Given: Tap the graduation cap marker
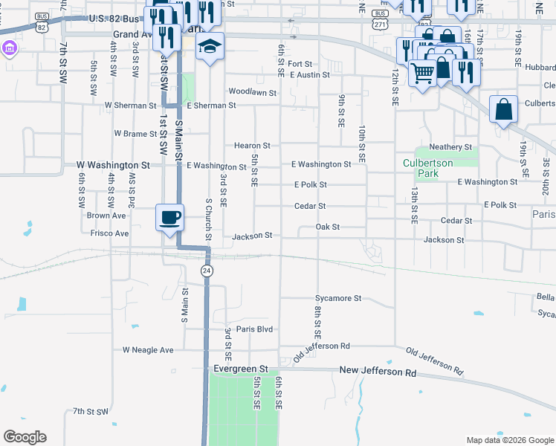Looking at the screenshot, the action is [x=210, y=46].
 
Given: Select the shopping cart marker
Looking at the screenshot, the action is [x=422, y=72].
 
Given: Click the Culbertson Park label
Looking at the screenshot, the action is [x=431, y=168].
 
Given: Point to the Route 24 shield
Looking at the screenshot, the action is [x=207, y=271].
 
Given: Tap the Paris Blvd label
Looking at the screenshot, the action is [x=254, y=329].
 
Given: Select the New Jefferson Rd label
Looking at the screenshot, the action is [x=378, y=370].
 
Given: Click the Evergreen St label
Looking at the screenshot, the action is [x=240, y=369].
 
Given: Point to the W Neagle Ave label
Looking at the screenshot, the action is [x=148, y=350].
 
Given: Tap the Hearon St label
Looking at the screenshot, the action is [x=252, y=146].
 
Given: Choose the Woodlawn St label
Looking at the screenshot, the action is [x=253, y=93].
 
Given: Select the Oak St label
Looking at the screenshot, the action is [x=327, y=227].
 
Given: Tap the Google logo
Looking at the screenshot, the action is [x=25, y=437].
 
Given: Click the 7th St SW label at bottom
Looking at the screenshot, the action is [x=91, y=411].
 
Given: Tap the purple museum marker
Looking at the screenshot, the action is [x=9, y=48].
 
